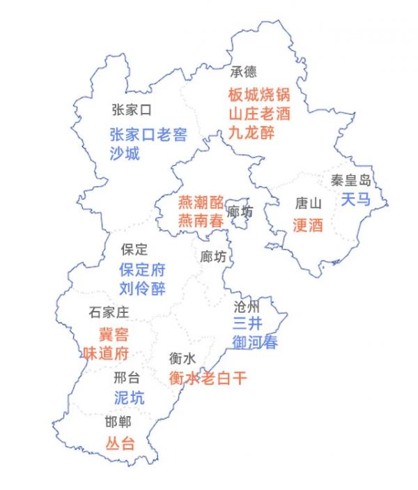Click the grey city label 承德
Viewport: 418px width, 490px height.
coord(244,71)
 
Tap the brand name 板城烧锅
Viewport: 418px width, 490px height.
coord(258,94)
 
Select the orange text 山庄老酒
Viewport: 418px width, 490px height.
coord(258,113)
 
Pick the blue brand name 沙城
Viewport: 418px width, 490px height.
coord(125,153)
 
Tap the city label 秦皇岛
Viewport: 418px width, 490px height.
coord(351,179)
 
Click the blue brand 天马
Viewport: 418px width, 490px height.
coord(355,199)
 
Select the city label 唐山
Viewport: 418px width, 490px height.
coord(309,204)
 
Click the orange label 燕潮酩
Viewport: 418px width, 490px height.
coord(201,203)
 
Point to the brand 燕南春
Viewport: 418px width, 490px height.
coord(201,222)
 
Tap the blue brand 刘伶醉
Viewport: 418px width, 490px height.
coord(142,289)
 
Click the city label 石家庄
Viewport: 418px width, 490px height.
coord(109,312)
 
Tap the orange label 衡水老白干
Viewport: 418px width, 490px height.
coord(208,378)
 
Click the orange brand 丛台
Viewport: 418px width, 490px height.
coord(119,443)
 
